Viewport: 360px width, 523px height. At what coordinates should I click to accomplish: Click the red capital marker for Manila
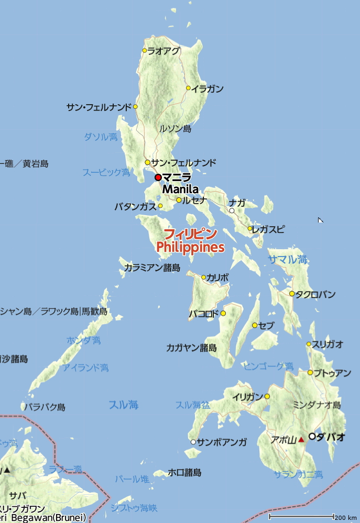(x=158, y=177)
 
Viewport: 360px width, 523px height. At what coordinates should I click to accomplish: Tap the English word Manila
(x=180, y=189)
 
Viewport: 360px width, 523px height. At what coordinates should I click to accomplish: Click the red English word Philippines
(x=190, y=247)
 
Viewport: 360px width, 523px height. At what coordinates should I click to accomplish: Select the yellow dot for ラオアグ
(x=145, y=51)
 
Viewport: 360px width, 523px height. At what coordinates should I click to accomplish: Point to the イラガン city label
(x=208, y=88)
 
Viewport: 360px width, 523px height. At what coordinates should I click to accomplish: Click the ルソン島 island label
(x=175, y=128)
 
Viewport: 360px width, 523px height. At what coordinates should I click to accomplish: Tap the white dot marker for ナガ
(x=232, y=211)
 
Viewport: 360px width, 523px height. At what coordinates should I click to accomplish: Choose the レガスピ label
(x=269, y=229)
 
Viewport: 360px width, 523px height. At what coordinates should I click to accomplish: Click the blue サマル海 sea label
(x=288, y=259)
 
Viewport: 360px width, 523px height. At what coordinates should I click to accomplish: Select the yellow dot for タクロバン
(x=292, y=294)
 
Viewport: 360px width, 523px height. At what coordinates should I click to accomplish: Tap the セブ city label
(x=266, y=326)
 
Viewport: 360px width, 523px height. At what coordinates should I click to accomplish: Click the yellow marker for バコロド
(x=223, y=313)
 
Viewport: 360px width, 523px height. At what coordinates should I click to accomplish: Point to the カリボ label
(x=217, y=277)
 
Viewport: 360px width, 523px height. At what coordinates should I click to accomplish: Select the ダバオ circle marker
(x=312, y=436)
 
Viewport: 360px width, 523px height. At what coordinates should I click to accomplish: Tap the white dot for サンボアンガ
(x=193, y=442)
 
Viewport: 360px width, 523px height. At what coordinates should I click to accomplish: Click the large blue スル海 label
(x=124, y=404)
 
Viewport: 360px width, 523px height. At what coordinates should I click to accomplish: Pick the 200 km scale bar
(x=301, y=517)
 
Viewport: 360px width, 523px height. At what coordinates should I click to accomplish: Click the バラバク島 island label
(x=46, y=407)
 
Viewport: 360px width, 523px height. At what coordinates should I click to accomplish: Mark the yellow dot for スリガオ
(x=309, y=344)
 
